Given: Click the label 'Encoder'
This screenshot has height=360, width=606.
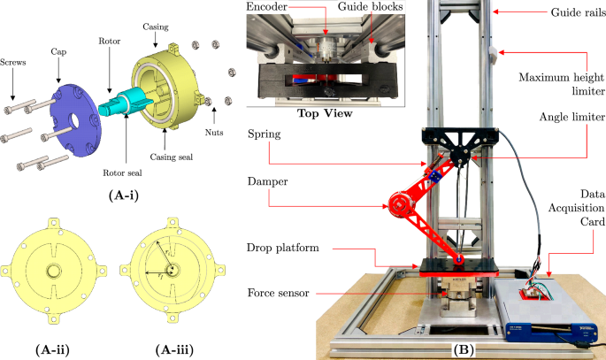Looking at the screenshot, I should (x=273, y=8).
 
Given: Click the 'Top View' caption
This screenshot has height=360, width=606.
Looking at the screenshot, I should (x=325, y=114).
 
